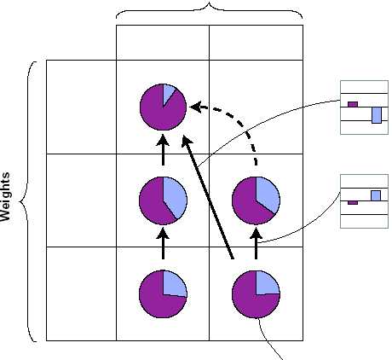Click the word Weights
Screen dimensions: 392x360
point(5,197)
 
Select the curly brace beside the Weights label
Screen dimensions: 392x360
point(28,201)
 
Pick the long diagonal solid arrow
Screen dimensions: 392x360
point(208,197)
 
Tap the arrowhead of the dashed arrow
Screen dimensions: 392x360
point(196,107)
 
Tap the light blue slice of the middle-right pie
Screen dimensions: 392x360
point(268,194)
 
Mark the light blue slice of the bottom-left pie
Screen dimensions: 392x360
point(173,284)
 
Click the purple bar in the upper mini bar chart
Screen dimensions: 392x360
point(353,104)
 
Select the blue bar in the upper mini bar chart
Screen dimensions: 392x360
point(377,115)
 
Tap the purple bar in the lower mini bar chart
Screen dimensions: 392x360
point(353,203)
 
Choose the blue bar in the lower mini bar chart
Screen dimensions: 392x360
point(376,195)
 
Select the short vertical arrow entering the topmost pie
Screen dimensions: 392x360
point(163,149)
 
